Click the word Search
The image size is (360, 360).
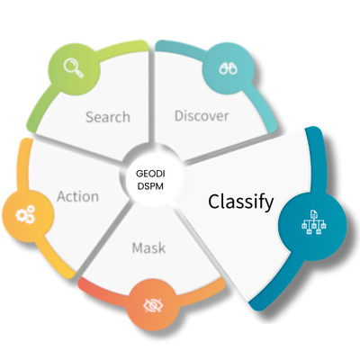(x=108, y=117)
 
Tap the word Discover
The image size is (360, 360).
(x=202, y=116)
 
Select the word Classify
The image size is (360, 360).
(x=241, y=202)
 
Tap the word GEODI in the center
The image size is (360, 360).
(x=151, y=171)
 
